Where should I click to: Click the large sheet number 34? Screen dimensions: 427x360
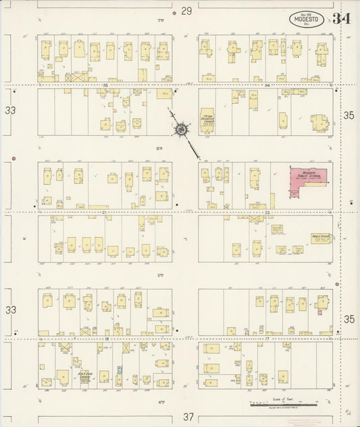pos(342,18)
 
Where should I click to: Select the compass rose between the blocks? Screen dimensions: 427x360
pos(182,128)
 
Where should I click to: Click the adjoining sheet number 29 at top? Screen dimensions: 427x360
pos(186,11)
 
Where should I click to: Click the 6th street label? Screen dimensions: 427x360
pos(161,148)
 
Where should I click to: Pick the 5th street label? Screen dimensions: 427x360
pos(161,275)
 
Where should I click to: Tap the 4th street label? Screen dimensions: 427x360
pos(161,401)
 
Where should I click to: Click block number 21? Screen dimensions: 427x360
pos(105,212)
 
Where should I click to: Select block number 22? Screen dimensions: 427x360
pos(267,212)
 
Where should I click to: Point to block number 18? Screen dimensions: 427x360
pos(107,338)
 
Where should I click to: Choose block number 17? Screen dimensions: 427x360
pos(267,338)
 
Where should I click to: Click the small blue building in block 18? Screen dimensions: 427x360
pos(120,371)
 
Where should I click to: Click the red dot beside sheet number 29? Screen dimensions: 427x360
pos(174,12)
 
